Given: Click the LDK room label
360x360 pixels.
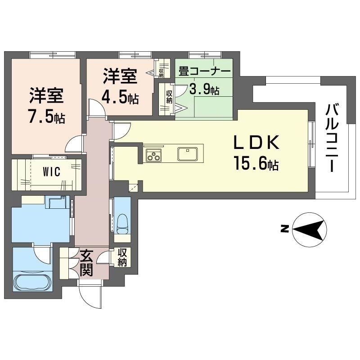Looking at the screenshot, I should (256, 144).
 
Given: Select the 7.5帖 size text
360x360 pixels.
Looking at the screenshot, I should (46, 117).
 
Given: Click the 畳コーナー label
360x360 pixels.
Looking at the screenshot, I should (205, 71).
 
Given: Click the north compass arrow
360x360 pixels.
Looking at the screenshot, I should (309, 229).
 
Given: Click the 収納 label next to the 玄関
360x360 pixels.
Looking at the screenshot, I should (122, 257).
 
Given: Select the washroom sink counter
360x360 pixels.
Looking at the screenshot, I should (56, 203).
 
